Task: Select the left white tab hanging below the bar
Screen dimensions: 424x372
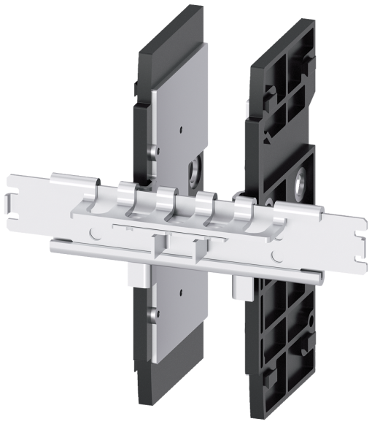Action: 135,274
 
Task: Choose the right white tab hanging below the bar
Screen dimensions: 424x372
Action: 241,285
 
